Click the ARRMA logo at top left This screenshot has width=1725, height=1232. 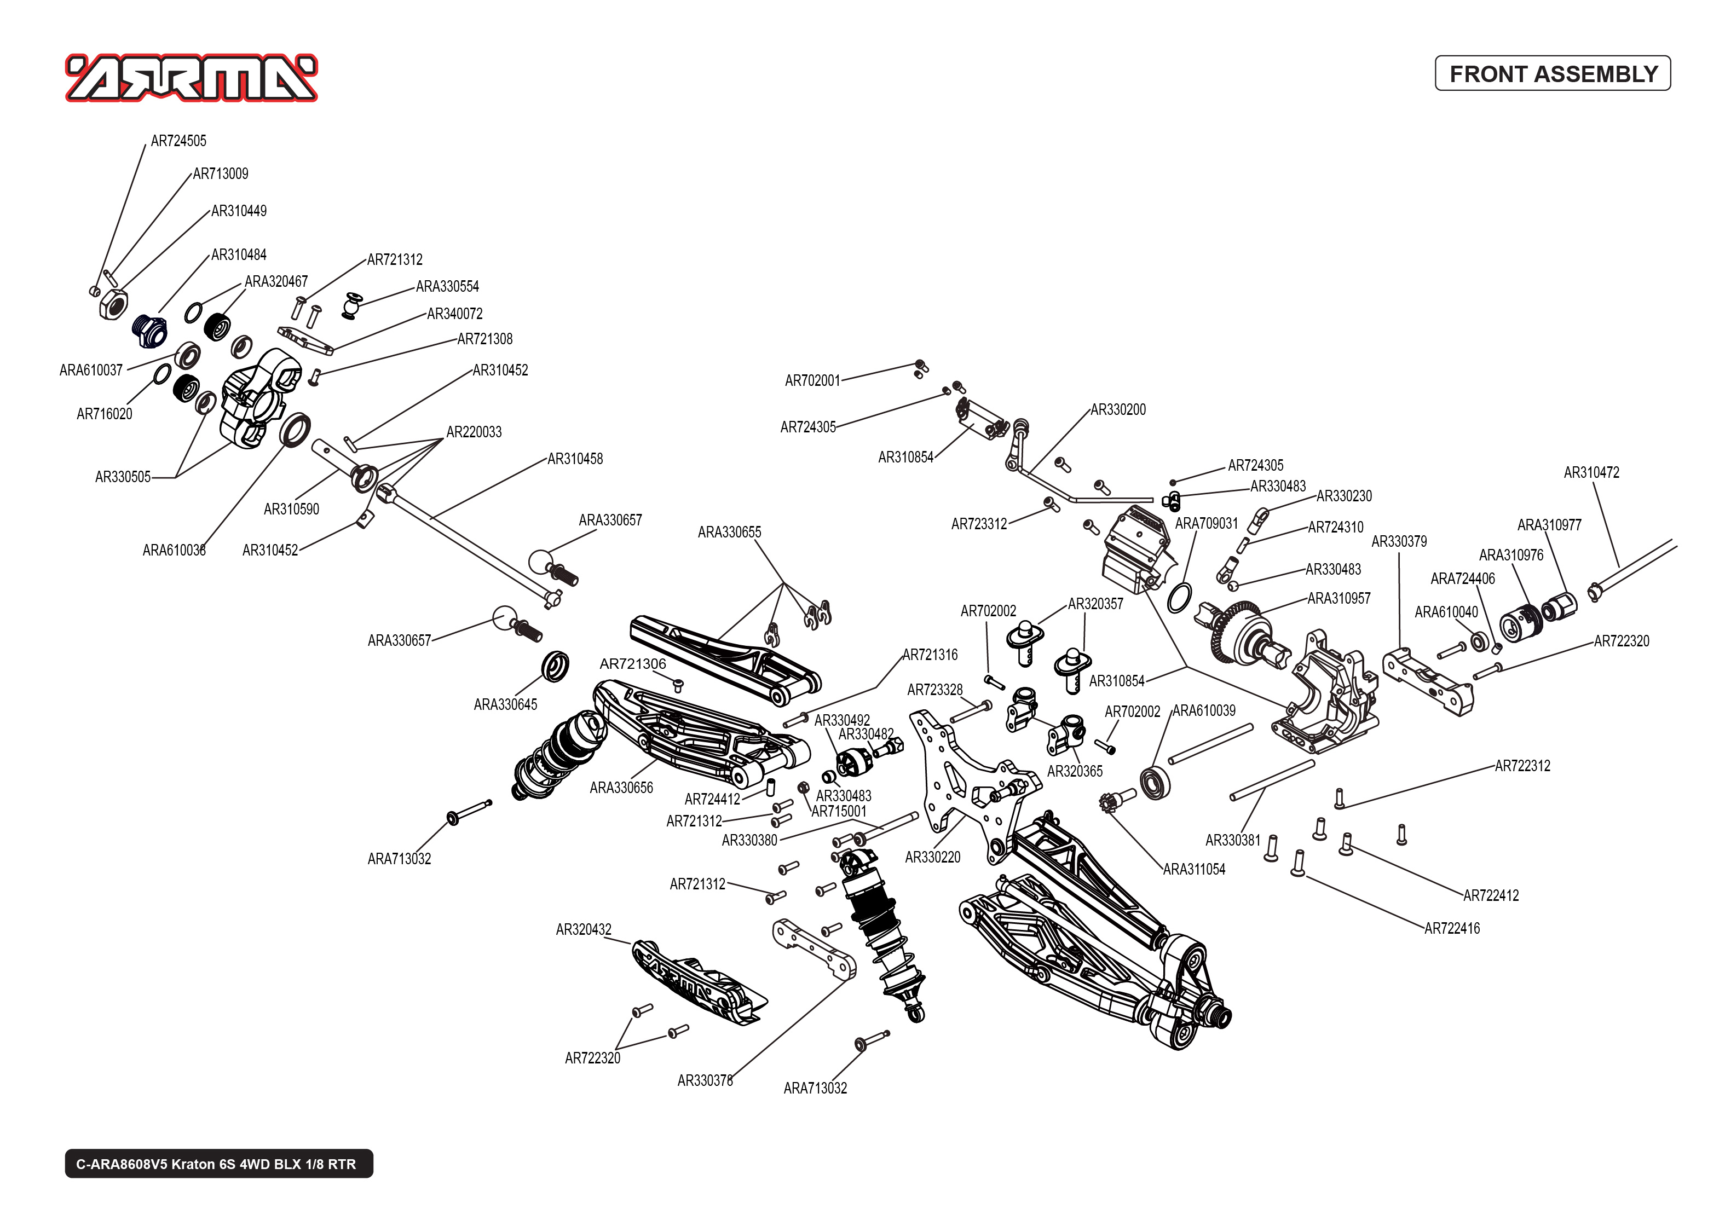click(x=191, y=77)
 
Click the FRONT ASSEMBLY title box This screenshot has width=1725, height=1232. click(x=1552, y=73)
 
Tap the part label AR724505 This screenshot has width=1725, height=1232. click(x=178, y=141)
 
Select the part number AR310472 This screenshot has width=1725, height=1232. click(x=1591, y=473)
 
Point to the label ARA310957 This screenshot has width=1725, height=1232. click(x=1339, y=599)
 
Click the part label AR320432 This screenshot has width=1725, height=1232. click(x=584, y=930)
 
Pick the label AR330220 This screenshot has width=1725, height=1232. click(x=932, y=857)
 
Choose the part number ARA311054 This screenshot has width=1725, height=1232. click(x=1194, y=869)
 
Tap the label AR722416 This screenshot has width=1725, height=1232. click(x=1451, y=929)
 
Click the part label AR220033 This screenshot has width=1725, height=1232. click(x=474, y=432)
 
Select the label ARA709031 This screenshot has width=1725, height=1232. click(x=1206, y=523)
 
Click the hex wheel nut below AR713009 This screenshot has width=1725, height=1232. click(x=113, y=305)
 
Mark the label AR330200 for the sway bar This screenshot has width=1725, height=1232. click(x=1117, y=409)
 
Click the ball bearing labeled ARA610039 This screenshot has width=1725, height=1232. click(x=1155, y=783)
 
